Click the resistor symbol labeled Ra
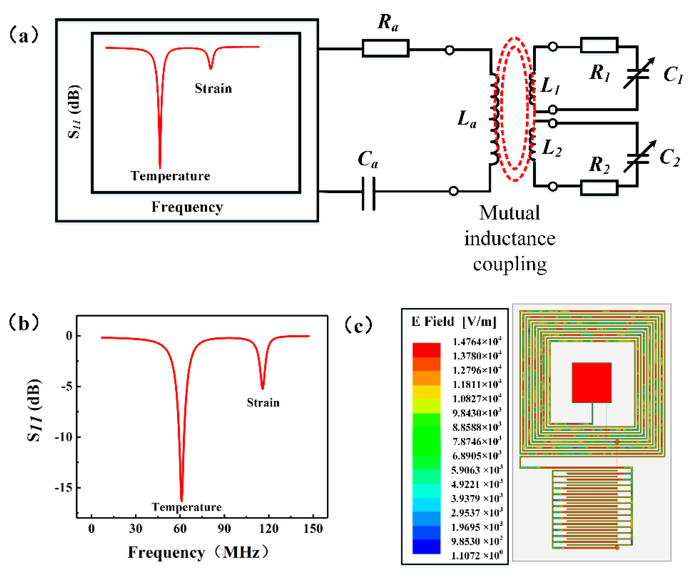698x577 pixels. coord(385,49)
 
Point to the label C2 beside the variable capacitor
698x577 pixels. coord(669,157)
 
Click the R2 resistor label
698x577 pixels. coord(599,165)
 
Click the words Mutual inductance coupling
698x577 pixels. coord(509,239)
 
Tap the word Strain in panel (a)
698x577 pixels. coord(213,88)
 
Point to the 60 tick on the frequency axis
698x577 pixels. coord(180,528)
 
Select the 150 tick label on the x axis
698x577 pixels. coord(313,528)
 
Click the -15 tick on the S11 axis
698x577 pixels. coord(64,488)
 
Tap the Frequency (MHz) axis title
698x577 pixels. coord(198,552)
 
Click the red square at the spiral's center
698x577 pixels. coord(591,382)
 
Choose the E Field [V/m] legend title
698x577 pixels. coord(454,322)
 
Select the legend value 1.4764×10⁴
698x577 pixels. coord(477,342)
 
